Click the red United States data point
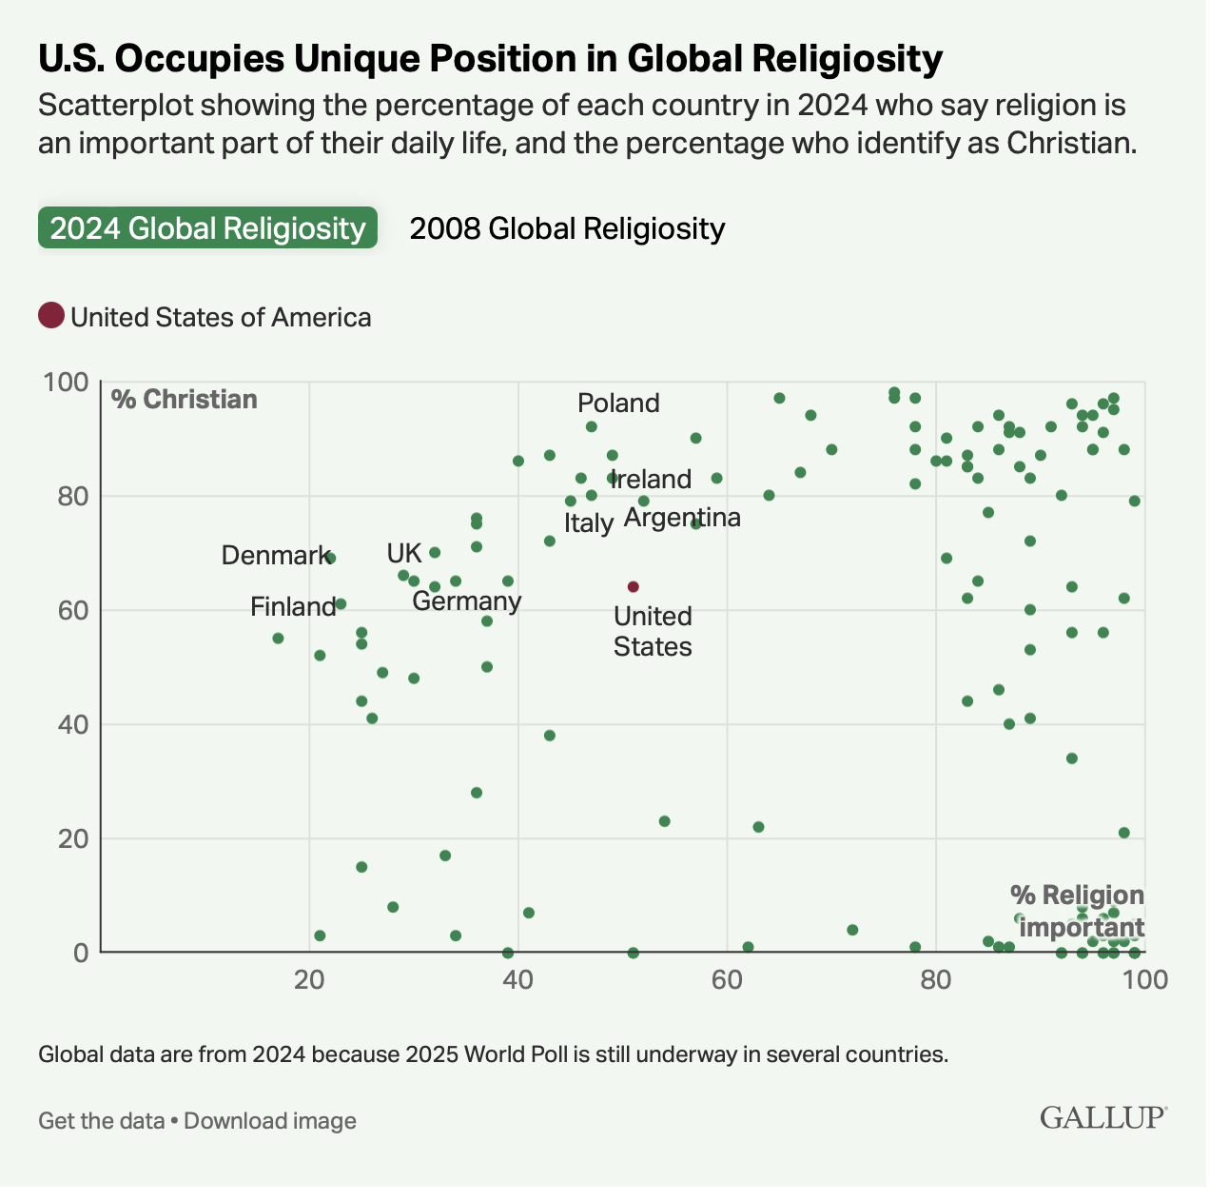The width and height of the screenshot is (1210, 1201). click(x=633, y=586)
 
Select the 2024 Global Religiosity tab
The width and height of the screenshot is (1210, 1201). click(x=207, y=228)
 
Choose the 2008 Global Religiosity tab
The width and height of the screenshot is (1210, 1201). click(x=567, y=228)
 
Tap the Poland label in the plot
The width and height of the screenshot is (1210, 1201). click(x=618, y=403)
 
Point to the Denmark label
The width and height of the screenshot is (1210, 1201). click(x=275, y=555)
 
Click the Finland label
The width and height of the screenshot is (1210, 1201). click(x=293, y=606)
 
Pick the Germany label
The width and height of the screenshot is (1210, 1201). click(x=466, y=600)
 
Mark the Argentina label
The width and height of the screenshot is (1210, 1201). click(x=682, y=518)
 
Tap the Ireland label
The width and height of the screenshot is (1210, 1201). click(x=652, y=479)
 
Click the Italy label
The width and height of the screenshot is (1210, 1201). click(x=588, y=522)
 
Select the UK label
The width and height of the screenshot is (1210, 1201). click(x=403, y=553)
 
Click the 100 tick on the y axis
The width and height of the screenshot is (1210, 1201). click(x=67, y=383)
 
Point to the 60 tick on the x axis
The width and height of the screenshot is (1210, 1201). click(x=727, y=977)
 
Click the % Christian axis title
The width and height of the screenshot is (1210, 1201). click(x=185, y=399)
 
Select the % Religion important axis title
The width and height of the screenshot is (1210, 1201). click(x=1077, y=911)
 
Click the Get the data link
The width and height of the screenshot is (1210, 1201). click(x=101, y=1120)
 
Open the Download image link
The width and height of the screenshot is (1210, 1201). click(x=270, y=1120)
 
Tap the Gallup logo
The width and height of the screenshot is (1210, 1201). click(x=1103, y=1116)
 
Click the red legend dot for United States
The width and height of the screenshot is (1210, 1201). click(x=51, y=315)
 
